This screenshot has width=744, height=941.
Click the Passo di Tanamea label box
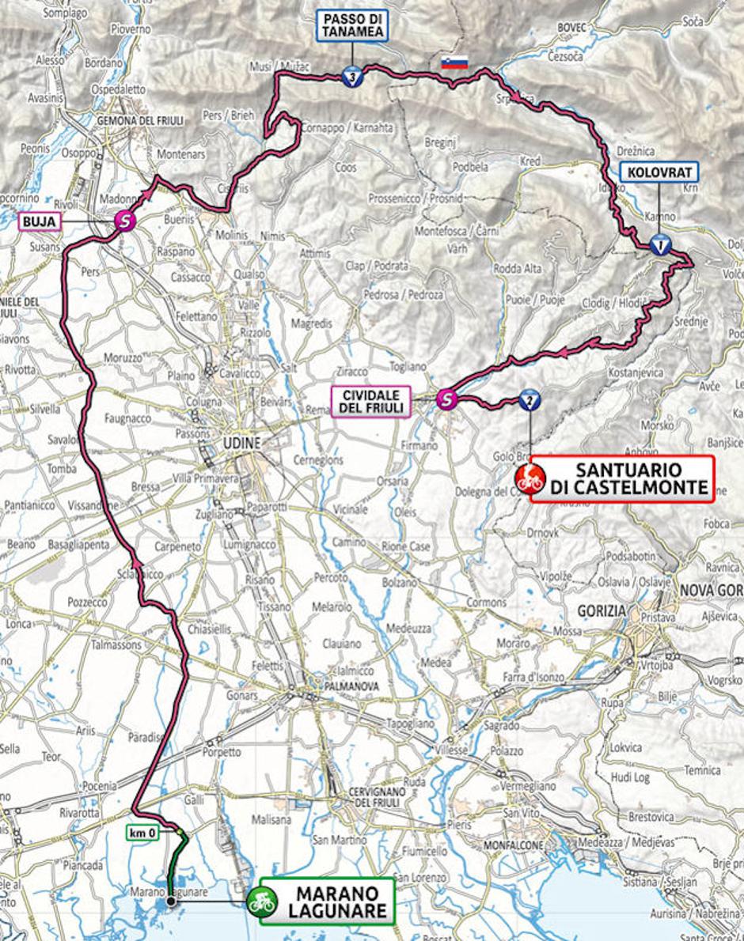coord(353,25)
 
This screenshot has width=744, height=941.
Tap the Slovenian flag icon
coord(455,62)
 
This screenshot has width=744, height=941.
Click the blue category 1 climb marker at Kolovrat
coord(659,244)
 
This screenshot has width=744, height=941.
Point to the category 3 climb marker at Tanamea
coord(352,77)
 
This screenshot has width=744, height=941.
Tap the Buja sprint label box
coord(39,222)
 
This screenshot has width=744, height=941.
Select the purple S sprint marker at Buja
coord(123,222)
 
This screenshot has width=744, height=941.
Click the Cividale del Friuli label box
coord(371,401)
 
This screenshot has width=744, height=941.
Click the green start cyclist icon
coord(259,899)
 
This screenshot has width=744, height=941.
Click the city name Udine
coord(241,444)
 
